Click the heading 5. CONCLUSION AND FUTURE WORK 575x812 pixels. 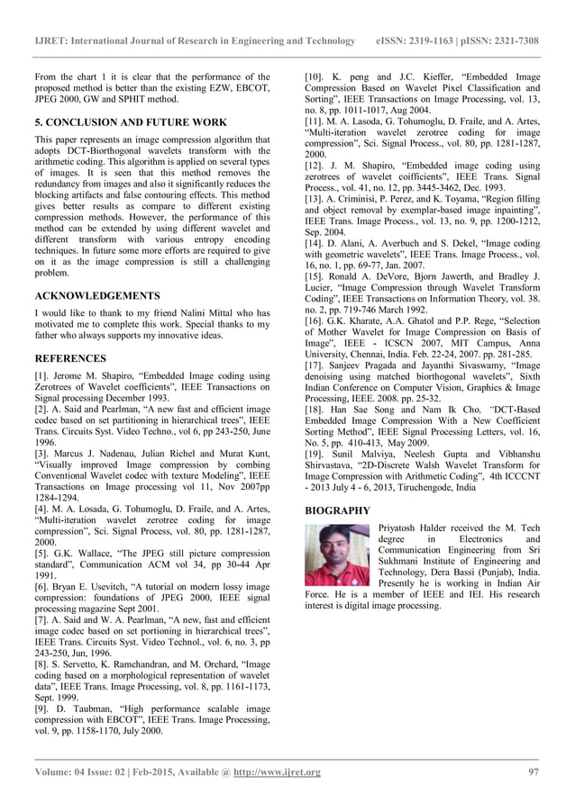coord(131,122)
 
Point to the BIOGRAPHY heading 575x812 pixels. coord(338,510)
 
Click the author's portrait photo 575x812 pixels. coord(337,555)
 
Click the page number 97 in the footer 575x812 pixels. coord(533,772)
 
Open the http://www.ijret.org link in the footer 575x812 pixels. coord(277,772)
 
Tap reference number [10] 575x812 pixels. coord(315,77)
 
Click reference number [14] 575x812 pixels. coord(315,242)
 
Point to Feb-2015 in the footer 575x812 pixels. coord(150,772)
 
